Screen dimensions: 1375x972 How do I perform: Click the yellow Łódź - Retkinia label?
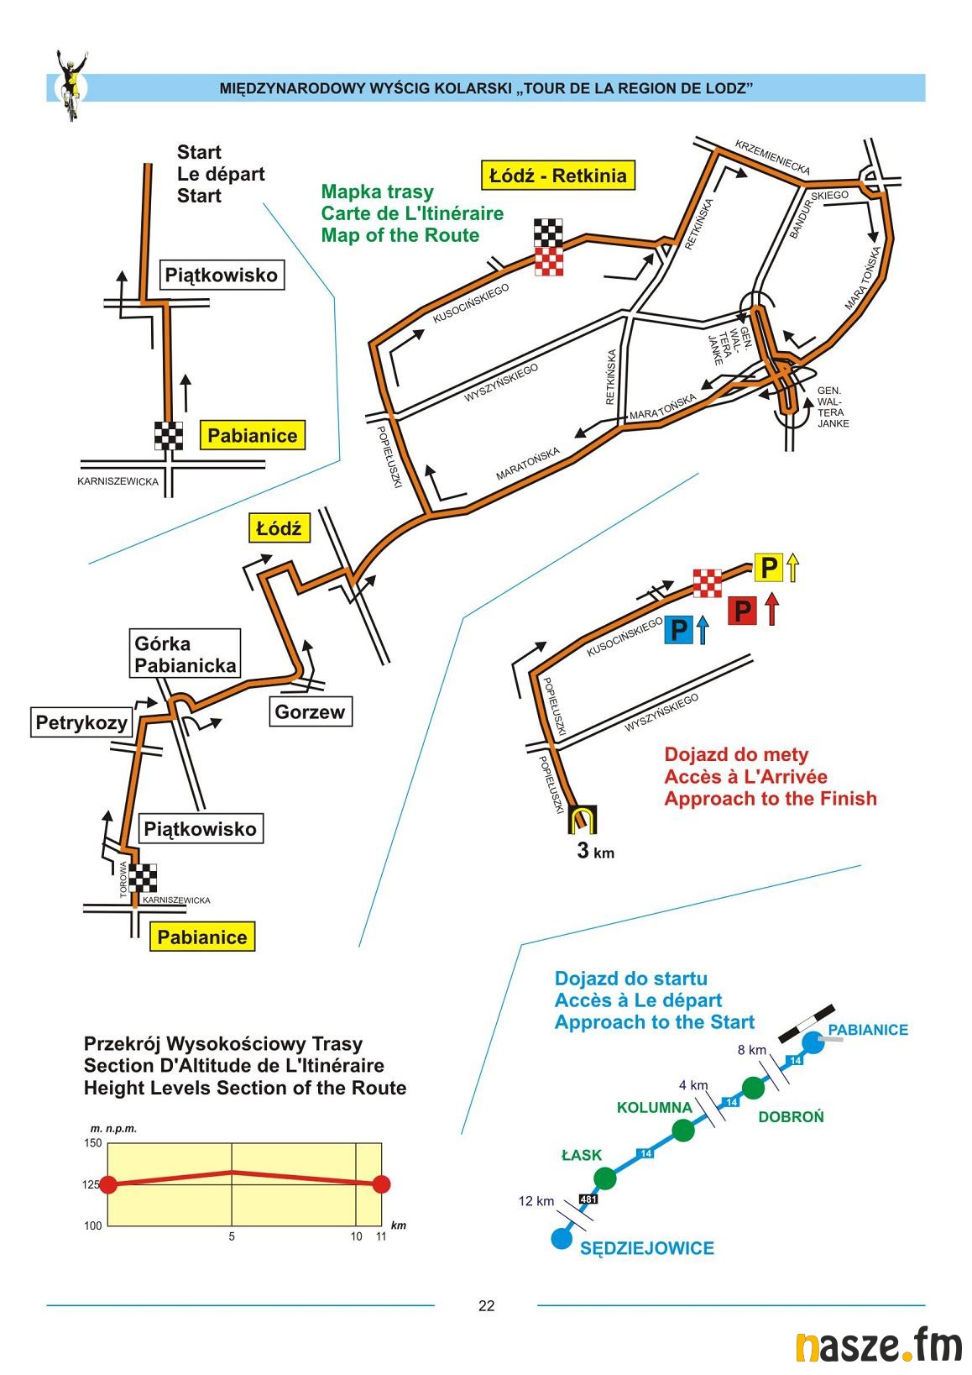557,176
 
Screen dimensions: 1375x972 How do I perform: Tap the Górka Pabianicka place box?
186,654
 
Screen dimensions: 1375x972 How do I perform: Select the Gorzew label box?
310,712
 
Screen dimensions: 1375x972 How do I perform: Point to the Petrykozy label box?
81,722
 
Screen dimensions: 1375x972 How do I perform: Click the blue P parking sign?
679,629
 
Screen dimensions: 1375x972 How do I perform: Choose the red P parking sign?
741,610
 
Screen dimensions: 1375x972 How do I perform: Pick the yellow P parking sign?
768,569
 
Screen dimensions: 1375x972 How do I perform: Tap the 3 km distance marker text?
595,851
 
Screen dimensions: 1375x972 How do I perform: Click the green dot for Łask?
604,1178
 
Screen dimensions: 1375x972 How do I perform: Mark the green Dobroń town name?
791,1116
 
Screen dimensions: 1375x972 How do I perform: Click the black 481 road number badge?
588,1199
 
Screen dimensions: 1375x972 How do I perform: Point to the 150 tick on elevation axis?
92,1143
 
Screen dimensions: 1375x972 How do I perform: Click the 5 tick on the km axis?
232,1236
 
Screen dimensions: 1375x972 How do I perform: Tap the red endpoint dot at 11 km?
381,1184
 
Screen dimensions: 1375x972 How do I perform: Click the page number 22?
486,1305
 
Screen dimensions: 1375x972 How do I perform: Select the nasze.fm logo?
878,1346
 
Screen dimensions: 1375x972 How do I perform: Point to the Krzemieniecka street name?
772,157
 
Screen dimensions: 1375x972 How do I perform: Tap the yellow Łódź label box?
279,528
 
